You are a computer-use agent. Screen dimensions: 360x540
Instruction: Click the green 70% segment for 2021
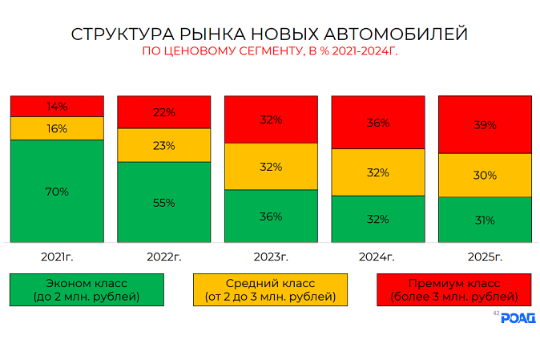point(57,192)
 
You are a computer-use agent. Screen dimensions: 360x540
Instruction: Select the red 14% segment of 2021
point(57,106)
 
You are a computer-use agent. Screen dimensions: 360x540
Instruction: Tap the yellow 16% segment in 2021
point(57,128)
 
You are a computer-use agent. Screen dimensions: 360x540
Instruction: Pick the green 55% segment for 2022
point(163,202)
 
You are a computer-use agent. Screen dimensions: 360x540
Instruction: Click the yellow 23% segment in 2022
point(163,145)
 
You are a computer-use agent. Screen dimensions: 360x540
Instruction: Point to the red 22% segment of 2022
point(163,112)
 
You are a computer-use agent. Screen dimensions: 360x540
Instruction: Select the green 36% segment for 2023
point(271,216)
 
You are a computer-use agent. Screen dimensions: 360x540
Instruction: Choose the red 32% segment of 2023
point(271,119)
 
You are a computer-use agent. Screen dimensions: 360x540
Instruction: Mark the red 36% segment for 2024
point(378,123)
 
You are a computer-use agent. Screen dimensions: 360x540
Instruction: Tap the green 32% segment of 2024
point(378,219)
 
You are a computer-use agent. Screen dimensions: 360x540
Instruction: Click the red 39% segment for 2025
point(485,125)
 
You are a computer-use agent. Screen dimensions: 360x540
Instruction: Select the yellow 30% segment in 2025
point(485,175)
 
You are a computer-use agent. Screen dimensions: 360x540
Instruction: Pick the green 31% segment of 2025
point(485,220)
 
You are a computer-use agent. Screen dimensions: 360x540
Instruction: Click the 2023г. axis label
point(271,257)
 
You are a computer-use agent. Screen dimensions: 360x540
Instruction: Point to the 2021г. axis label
point(57,257)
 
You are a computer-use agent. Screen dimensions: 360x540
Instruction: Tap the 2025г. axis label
point(485,257)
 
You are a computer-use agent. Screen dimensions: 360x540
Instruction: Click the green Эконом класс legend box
point(87,289)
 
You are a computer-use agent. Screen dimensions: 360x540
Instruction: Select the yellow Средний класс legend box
point(270,289)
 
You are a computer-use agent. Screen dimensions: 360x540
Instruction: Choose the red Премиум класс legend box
point(453,289)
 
